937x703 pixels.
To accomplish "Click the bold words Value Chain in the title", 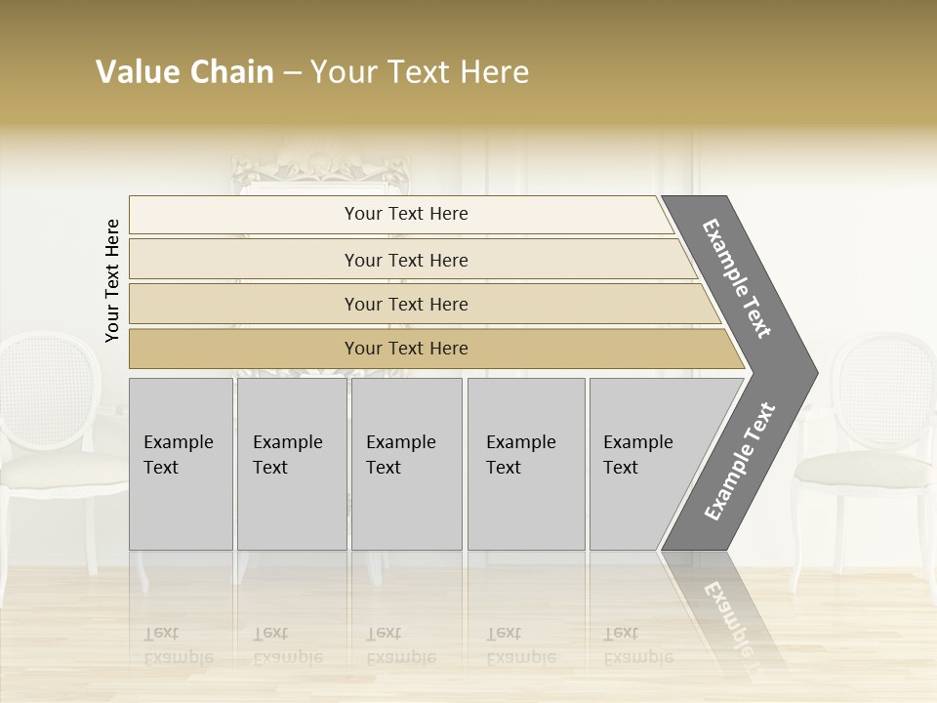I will tap(184, 72).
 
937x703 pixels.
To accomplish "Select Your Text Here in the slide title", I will tap(420, 72).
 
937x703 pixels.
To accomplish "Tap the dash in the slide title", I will tap(292, 73).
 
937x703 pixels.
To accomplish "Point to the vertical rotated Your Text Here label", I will tap(112, 280).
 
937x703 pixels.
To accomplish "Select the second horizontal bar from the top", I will tap(406, 260).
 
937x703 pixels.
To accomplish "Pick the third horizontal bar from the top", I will tap(406, 304).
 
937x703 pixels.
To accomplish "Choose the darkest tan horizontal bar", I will tap(406, 349).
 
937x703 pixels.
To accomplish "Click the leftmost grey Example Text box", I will tap(181, 464).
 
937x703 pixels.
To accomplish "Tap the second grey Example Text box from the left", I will tap(291, 464).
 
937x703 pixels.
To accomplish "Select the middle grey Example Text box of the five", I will tap(406, 464).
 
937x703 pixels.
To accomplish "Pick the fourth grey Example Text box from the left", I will tap(526, 464).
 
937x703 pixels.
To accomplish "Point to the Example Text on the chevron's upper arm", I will tap(737, 278).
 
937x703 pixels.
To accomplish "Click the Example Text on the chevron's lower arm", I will tap(740, 461).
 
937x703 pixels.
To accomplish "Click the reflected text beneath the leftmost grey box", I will tap(179, 645).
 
